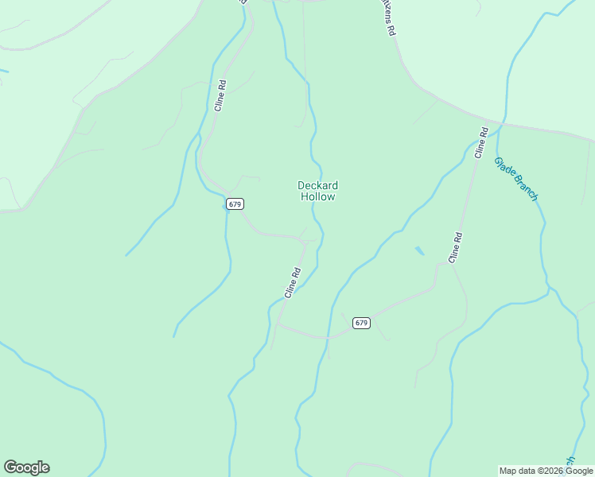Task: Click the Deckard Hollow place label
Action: [x=317, y=191]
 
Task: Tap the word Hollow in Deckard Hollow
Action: [x=317, y=196]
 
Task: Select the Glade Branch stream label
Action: [x=516, y=178]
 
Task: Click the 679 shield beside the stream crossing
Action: [x=234, y=204]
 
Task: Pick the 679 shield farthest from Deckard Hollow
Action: [x=362, y=323]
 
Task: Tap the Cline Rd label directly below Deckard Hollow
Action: [x=293, y=282]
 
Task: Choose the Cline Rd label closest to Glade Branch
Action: [x=480, y=142]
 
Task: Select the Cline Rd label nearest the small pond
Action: [x=455, y=247]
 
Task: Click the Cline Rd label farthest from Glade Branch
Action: [x=220, y=95]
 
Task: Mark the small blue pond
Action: [x=418, y=251]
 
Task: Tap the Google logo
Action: [x=26, y=467]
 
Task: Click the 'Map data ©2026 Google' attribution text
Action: [x=546, y=471]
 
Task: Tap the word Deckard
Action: [x=317, y=185]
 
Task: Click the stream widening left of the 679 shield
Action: [x=224, y=205]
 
